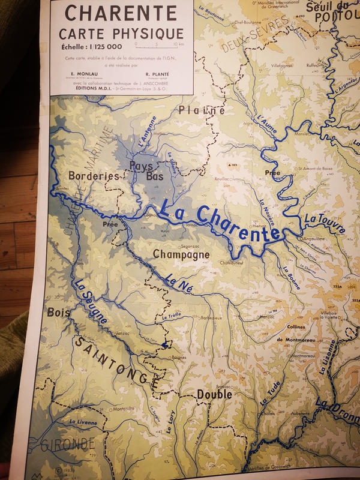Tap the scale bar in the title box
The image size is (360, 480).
click(160, 44)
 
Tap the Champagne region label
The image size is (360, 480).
click(181, 254)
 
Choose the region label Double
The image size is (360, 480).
click(214, 395)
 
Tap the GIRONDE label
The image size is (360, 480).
click(67, 445)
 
